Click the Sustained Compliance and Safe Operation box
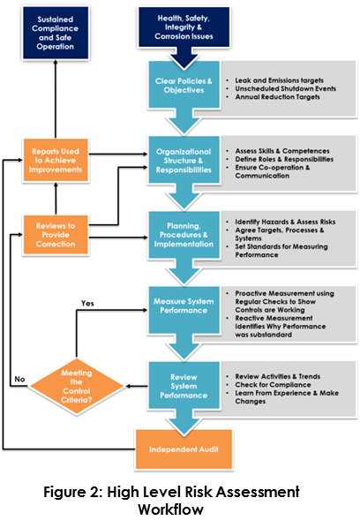coord(55,33)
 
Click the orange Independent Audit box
coord(183,449)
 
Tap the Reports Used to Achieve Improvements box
coord(55,161)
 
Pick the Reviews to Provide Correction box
coord(55,232)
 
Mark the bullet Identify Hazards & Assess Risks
coord(282,222)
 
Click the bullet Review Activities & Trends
coord(276,374)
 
